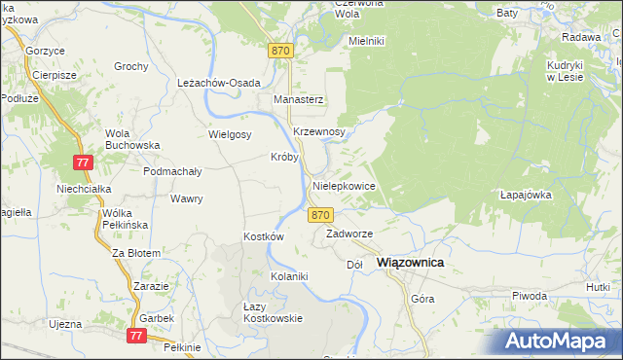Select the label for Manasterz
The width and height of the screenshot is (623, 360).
click(298, 100)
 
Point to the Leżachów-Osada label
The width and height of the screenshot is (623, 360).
click(219, 83)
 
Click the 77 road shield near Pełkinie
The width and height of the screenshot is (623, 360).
click(136, 335)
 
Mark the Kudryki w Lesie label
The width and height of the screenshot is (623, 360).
click(564, 71)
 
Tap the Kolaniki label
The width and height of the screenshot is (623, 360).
click(289, 276)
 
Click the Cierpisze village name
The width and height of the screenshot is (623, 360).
click(54, 75)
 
